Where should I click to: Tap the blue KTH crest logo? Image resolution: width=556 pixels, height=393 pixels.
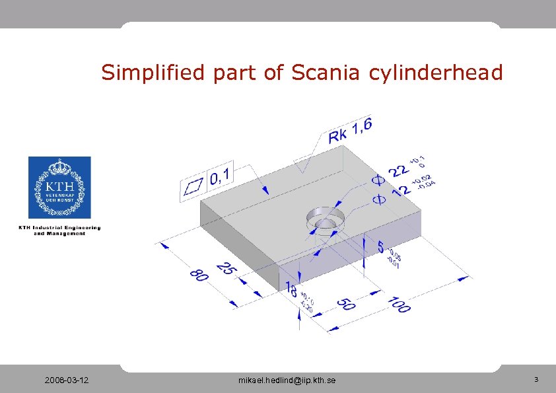point(59,187)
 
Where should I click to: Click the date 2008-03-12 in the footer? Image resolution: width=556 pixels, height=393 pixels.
point(68,380)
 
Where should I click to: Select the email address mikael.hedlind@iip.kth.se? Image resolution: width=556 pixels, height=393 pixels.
point(287,380)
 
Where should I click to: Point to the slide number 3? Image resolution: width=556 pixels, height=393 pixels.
point(536,380)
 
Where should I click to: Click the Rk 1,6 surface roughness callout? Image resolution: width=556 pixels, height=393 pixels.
point(351,129)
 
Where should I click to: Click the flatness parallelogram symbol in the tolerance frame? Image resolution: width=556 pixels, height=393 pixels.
point(193,187)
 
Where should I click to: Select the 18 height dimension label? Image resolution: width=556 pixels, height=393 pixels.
point(291,289)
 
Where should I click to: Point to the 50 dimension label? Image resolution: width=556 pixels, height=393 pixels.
point(347,303)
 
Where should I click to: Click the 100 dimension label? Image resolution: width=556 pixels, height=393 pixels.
point(399,304)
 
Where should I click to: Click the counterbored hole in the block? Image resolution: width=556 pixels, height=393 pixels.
point(324,220)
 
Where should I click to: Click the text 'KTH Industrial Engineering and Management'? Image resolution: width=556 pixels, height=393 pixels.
point(59,230)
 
